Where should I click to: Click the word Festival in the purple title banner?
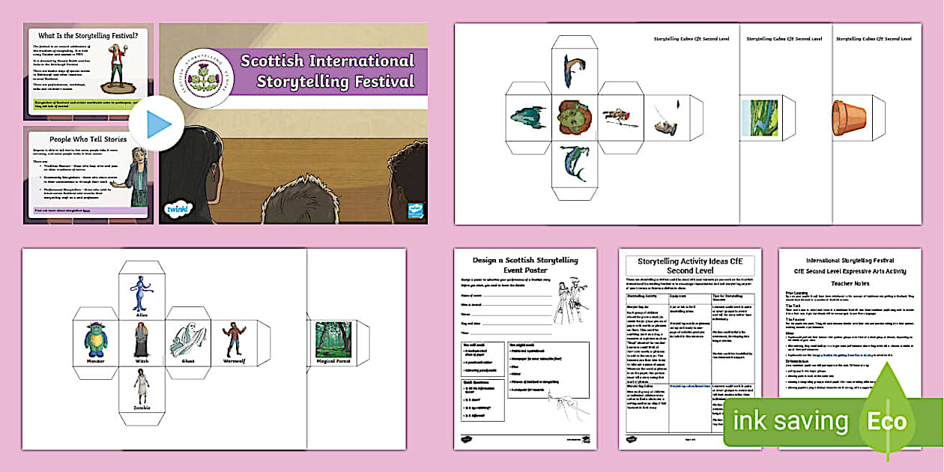(375, 81)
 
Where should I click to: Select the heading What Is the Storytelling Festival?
(88, 34)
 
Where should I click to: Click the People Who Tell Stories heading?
(88, 139)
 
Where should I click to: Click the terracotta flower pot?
(849, 118)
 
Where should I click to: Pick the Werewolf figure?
(234, 339)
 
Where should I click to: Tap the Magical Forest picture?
(333, 339)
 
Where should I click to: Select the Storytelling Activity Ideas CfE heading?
(689, 265)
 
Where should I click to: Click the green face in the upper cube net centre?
(575, 117)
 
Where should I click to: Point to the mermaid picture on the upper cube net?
(574, 163)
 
